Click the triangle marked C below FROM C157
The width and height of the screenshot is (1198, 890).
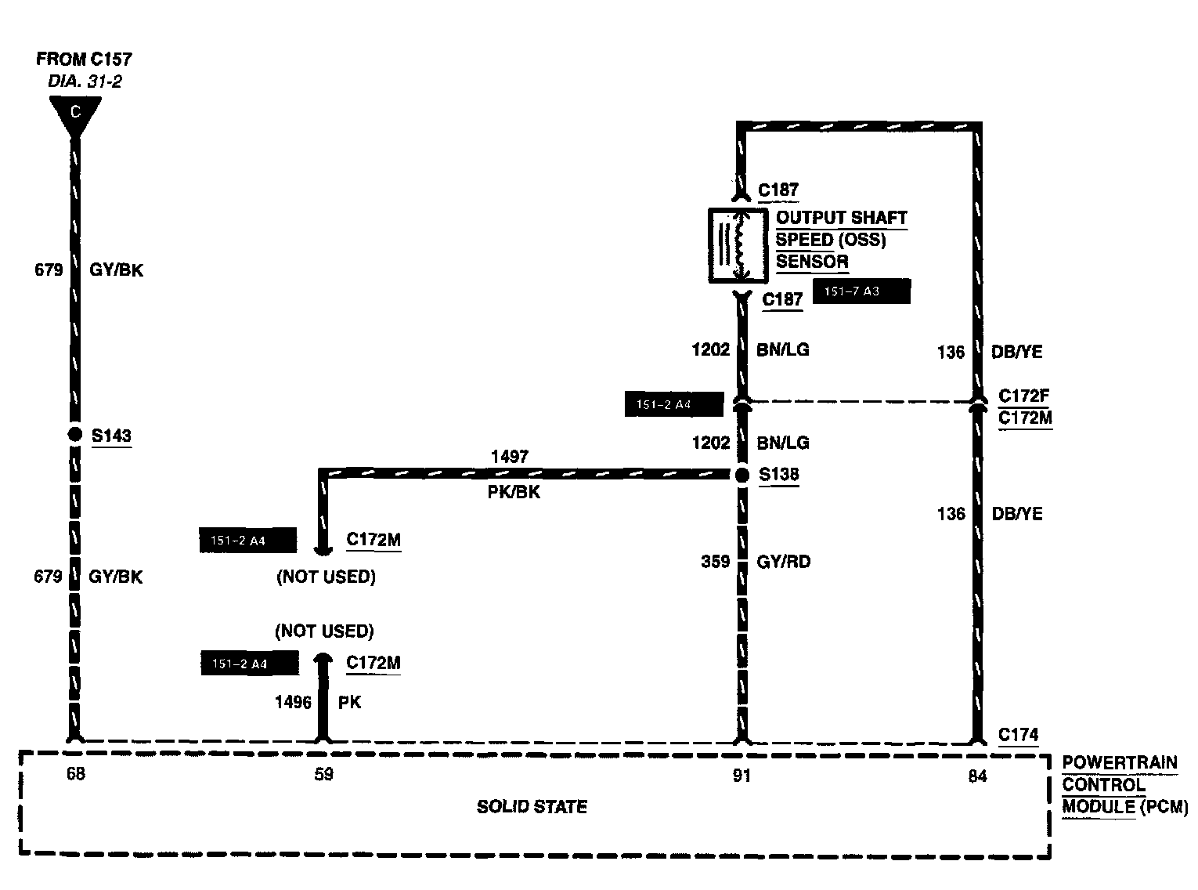(75, 113)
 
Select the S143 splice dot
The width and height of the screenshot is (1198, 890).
(74, 435)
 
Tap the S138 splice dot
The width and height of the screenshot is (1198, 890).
(742, 475)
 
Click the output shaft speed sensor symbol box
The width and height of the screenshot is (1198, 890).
(738, 244)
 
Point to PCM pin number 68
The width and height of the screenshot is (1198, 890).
(75, 775)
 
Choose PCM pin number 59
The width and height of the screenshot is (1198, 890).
(323, 775)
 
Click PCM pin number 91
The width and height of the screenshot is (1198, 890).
(742, 776)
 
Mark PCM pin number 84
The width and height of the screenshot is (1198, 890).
(977, 776)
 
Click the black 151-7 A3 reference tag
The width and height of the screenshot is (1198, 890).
(861, 291)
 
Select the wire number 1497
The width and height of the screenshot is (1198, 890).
(509, 456)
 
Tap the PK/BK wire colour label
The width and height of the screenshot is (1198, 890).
(514, 493)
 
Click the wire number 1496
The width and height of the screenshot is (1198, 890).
(293, 702)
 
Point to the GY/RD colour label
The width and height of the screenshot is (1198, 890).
(783, 562)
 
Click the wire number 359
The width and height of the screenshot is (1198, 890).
(715, 562)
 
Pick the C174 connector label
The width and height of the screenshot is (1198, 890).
(1018, 735)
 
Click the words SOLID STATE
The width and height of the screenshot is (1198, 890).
(532, 807)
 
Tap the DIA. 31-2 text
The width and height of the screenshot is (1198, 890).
(85, 81)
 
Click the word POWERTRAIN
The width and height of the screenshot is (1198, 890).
(1120, 762)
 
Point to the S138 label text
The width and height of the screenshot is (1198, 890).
(779, 475)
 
